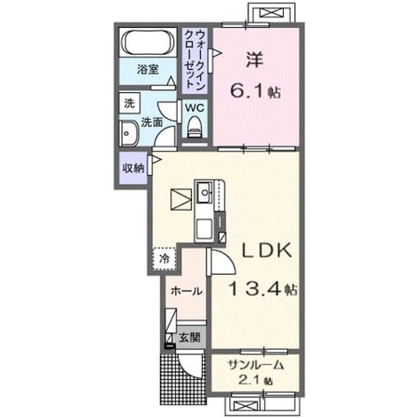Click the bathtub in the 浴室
pos(148,42)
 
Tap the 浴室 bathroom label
pos(148,70)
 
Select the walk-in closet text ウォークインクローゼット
pos(195,59)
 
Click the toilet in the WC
pos(195,127)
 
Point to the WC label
pos(195,108)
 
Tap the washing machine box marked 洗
pos(129,103)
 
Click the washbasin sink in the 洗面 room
pos(129,133)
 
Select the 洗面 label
pos(152,122)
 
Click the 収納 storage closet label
pos(133,169)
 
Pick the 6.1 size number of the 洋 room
pos(249,91)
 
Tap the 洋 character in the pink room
pos(255,60)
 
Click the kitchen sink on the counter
pos(204,192)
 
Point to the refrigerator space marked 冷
pos(165,259)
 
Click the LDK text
pos(266,250)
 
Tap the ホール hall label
pos(187,291)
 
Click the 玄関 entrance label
pos(189,338)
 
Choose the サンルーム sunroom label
pos(255,365)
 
